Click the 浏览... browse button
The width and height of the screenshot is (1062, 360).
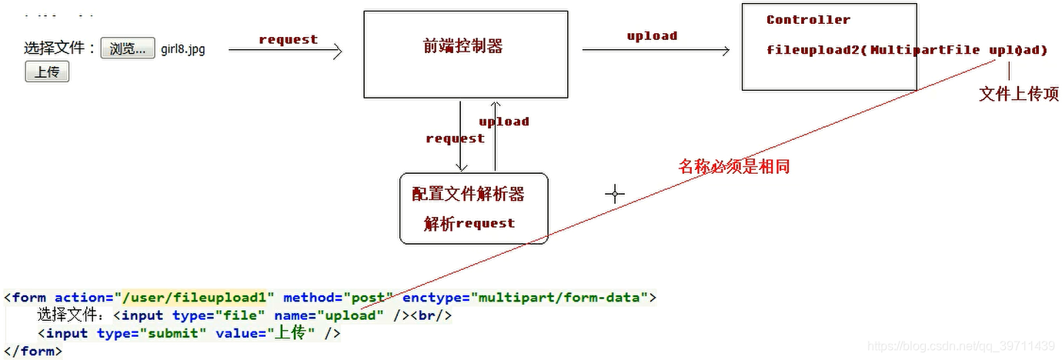(x=127, y=48)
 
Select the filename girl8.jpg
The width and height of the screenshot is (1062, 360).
(x=183, y=49)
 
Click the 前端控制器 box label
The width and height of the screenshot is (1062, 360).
(x=463, y=46)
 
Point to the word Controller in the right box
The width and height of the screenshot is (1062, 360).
(x=808, y=20)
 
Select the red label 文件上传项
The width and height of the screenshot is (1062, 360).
(x=1019, y=94)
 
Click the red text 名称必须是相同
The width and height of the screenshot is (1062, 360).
(x=733, y=166)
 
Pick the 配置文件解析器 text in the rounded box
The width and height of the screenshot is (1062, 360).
(x=468, y=194)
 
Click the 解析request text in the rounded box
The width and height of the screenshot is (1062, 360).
(x=469, y=223)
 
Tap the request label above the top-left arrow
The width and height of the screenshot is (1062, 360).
(x=288, y=40)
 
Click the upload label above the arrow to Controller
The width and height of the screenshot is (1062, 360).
(x=652, y=36)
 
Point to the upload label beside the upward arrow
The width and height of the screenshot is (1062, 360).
(x=504, y=122)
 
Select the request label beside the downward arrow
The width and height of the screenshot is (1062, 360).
(x=455, y=138)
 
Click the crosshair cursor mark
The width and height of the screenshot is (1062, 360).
(x=614, y=194)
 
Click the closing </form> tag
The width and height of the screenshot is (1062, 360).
(x=32, y=351)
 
